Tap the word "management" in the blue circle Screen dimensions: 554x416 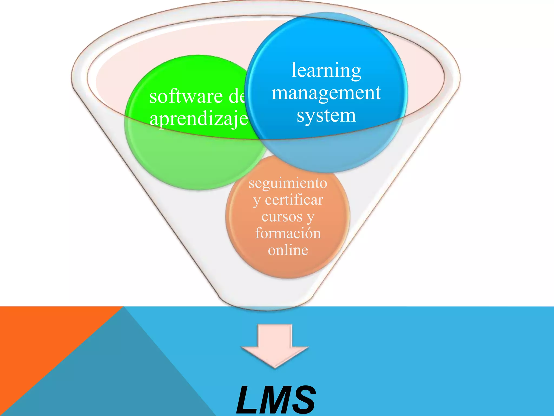(x=326, y=93)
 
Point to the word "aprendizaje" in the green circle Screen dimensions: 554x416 (x=199, y=119)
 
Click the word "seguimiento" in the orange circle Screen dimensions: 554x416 (x=288, y=183)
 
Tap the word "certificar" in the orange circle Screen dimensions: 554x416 (x=294, y=200)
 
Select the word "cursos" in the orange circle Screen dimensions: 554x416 (x=282, y=217)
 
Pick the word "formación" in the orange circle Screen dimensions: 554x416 (x=288, y=233)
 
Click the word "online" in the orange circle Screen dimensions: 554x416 (x=288, y=250)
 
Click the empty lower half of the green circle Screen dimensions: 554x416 (x=195, y=162)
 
